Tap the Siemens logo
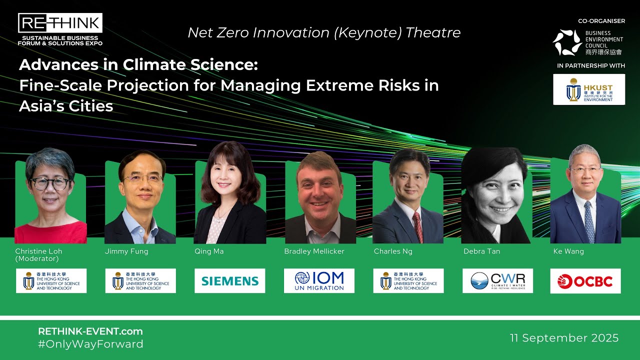230,281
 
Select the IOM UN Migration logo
319,281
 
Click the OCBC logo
585,281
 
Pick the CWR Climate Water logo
497,281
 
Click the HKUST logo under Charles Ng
408,281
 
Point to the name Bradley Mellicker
314,251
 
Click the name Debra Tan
481,251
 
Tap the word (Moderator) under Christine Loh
37,259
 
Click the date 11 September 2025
564,338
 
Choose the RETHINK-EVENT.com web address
90,331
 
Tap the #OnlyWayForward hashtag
90,344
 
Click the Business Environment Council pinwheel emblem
567,42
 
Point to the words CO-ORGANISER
601,21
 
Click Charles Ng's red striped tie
417,226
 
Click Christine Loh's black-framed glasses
49,183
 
